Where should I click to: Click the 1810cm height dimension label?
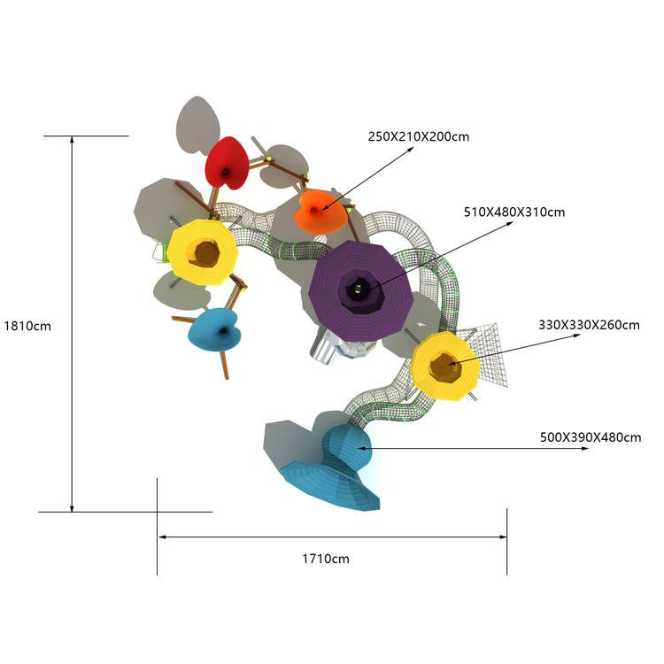(27, 326)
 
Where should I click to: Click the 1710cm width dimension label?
(326, 559)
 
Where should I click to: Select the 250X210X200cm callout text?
(419, 136)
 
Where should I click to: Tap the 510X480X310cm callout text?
(514, 212)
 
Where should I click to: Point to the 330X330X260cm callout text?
(589, 325)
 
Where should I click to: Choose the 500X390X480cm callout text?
(591, 437)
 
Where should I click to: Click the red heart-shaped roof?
(227, 164)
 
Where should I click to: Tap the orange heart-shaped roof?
(320, 212)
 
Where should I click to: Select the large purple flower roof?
(361, 291)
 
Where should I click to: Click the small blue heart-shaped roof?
(214, 330)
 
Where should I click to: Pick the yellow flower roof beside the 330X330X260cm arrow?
(445, 367)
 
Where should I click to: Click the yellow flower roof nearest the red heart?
(203, 252)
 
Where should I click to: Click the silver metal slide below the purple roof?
(322, 345)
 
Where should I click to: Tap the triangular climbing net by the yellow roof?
(487, 353)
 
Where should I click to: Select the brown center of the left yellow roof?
(206, 253)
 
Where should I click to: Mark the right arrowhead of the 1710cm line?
(503, 537)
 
